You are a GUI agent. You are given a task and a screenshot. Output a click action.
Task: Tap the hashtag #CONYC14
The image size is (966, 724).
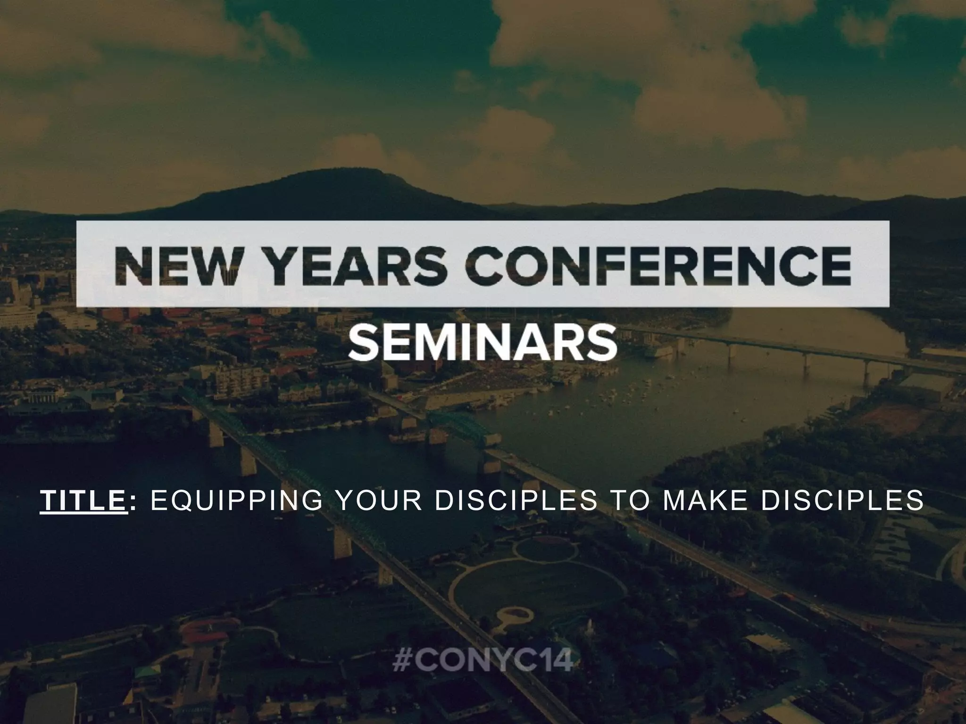point(483,661)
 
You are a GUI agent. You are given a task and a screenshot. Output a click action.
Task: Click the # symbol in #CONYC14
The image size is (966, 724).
point(401,661)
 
